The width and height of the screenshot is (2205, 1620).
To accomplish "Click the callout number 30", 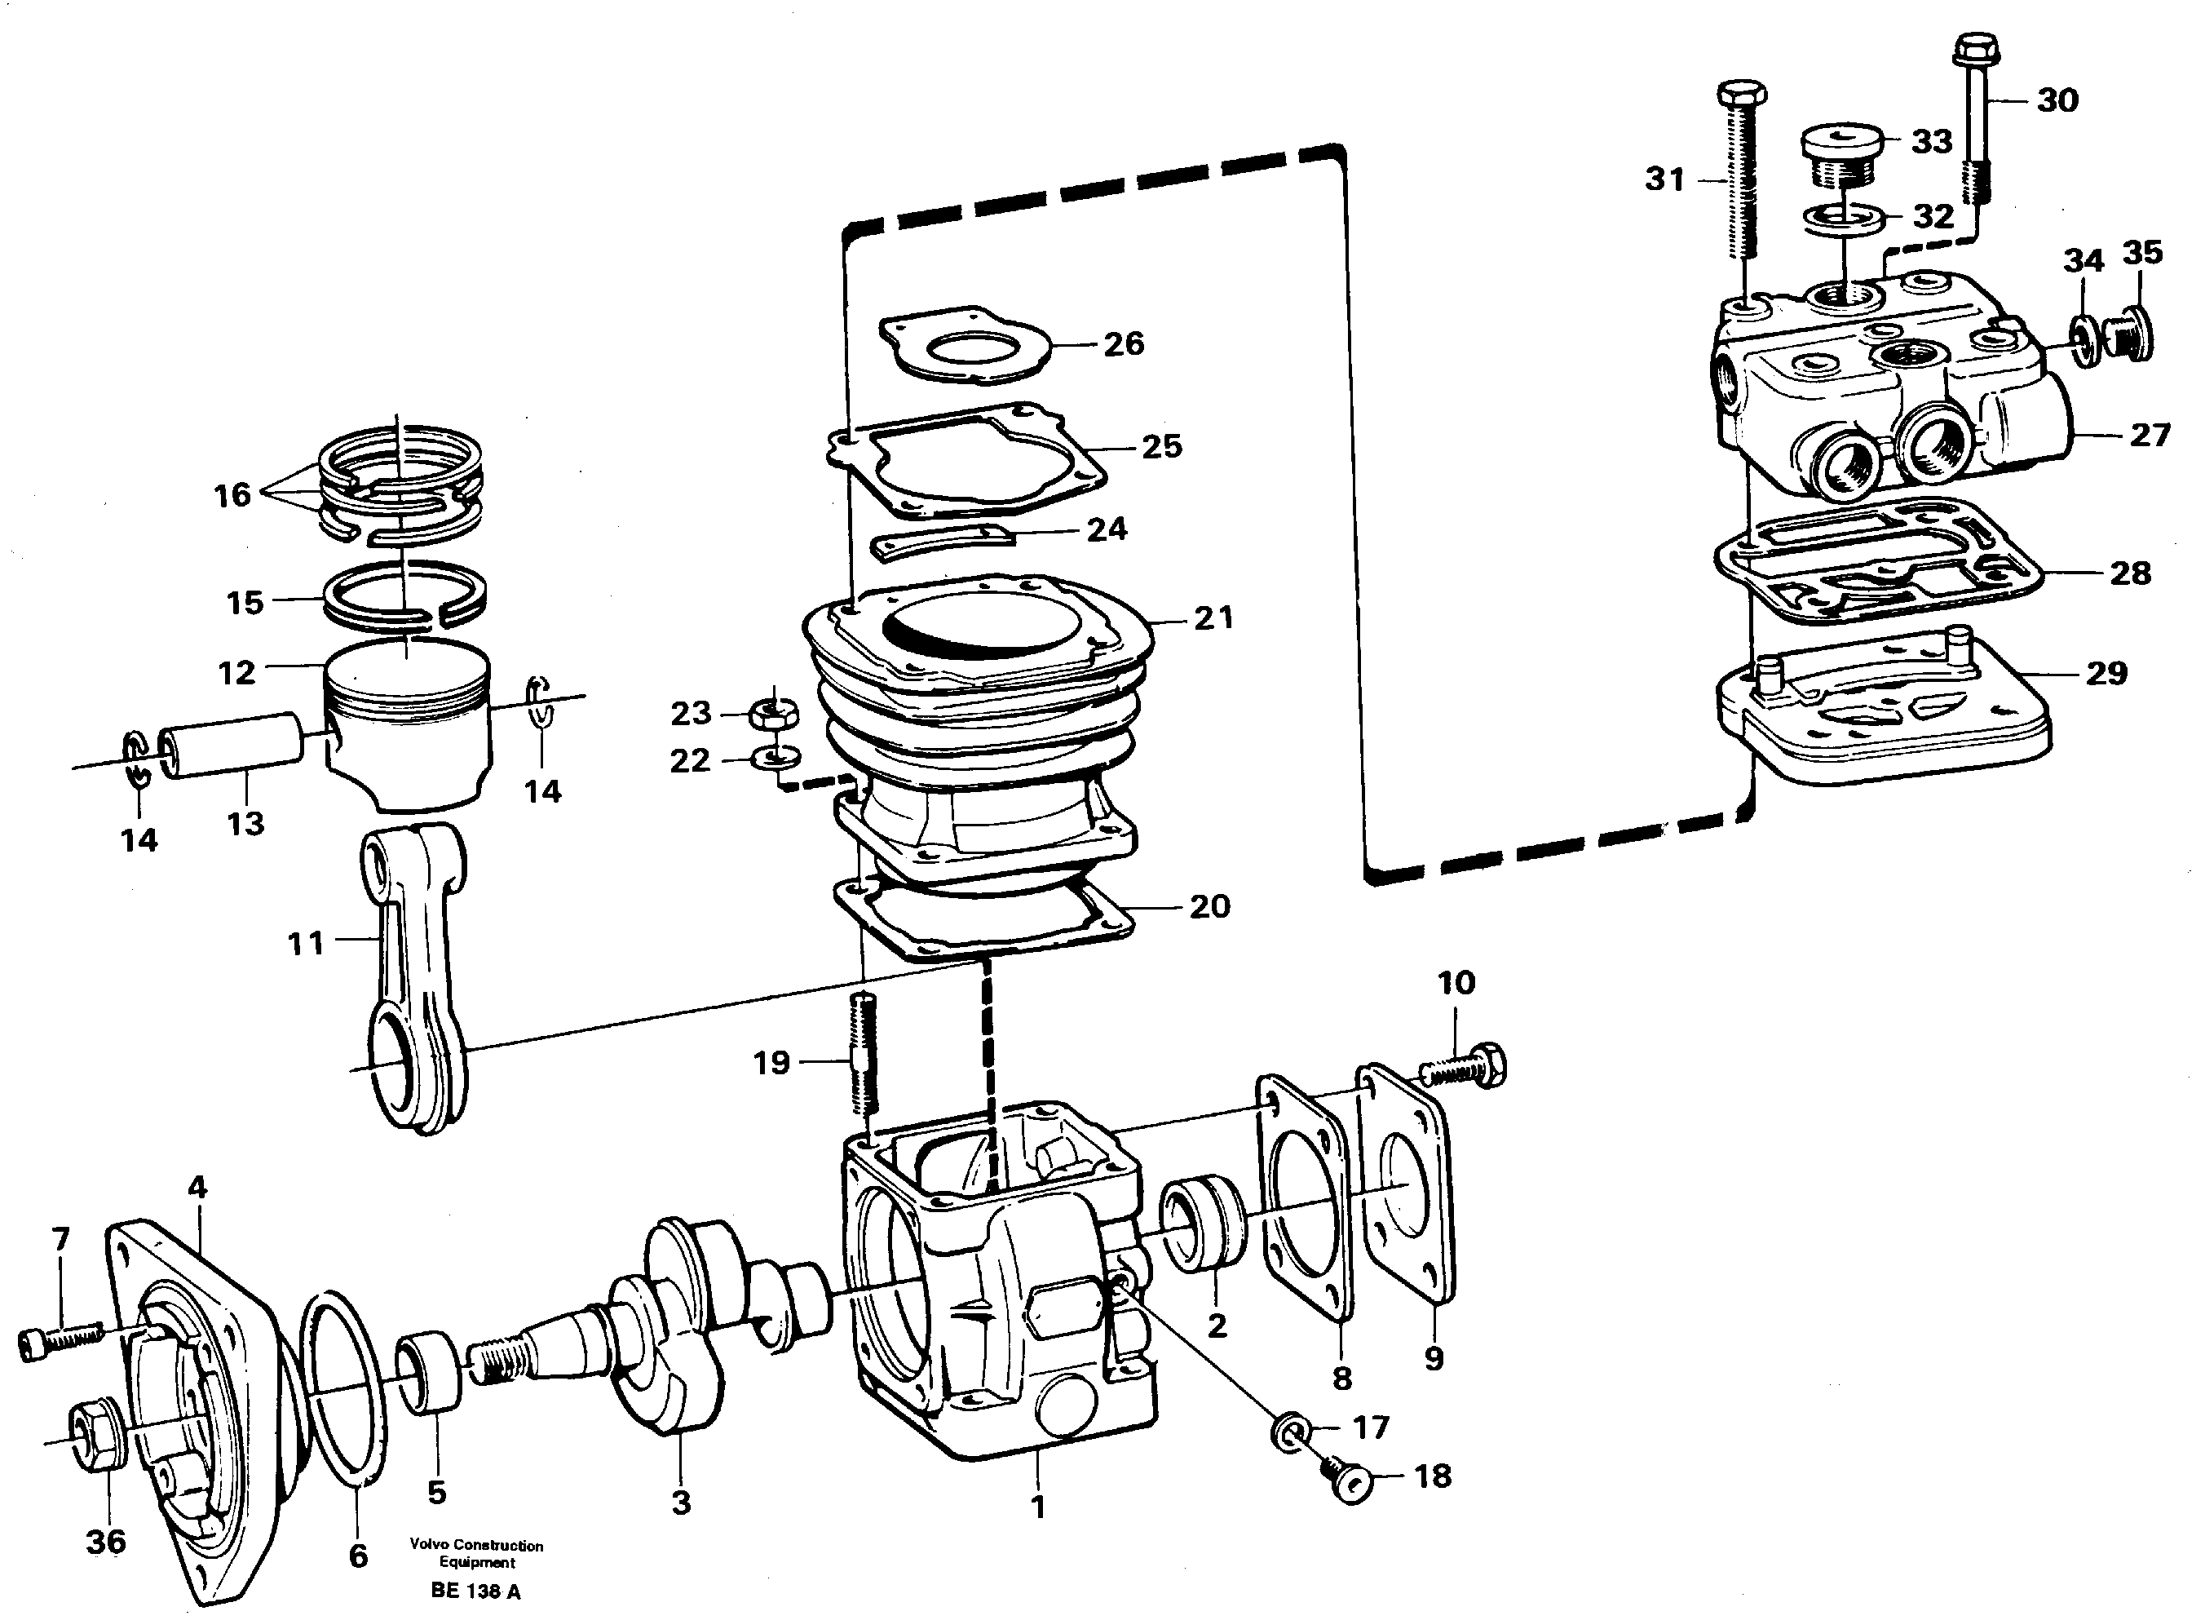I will point(2057,100).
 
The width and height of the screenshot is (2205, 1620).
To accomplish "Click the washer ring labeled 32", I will point(1842,218).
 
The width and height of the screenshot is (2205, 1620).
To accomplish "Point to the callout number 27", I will point(2149,435).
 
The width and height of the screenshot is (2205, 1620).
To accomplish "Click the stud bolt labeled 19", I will point(862,1054).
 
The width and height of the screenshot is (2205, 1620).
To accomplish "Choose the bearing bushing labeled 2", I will point(1204,1228).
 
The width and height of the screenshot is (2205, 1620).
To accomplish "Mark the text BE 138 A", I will point(475,1591).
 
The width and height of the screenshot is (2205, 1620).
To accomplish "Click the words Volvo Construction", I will point(475,1546).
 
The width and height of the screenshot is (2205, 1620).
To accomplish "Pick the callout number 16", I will point(232,495).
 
